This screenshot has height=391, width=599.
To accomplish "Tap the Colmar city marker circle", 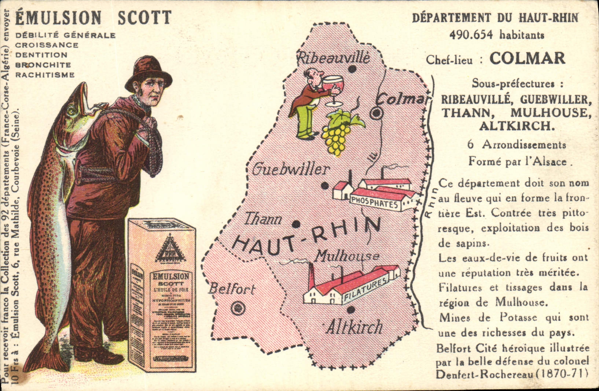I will (x=376, y=114).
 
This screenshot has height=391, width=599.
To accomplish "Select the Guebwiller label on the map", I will (x=291, y=169).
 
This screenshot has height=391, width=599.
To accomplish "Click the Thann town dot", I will (x=296, y=224).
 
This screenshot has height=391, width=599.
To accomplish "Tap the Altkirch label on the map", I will (x=354, y=327).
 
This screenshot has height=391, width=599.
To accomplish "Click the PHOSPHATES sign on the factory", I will (x=374, y=202).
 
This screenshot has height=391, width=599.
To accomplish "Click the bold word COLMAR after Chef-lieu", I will (x=527, y=59).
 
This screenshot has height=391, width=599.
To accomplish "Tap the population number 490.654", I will (x=471, y=35).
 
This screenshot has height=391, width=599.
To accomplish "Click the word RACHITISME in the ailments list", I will (x=45, y=75).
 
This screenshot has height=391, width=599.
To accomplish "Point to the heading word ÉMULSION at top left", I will (x=58, y=17).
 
